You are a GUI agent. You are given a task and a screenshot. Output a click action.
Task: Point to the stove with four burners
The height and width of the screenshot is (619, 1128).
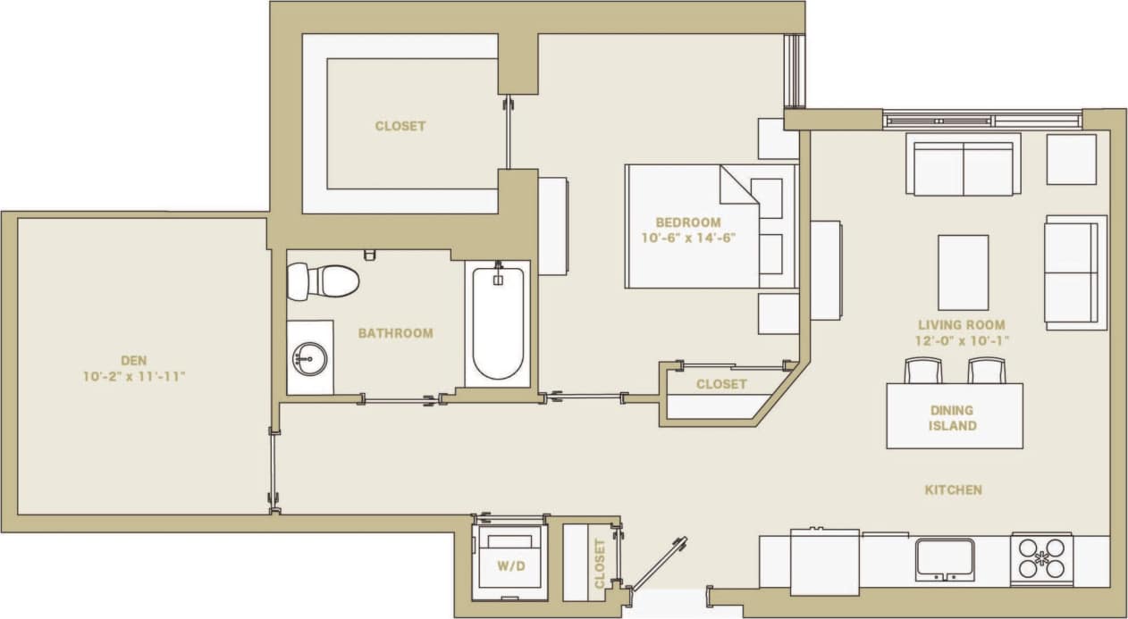pyautogui.click(x=1042, y=558)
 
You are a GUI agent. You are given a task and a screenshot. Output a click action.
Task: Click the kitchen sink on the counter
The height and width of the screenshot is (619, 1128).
pyautogui.click(x=945, y=558)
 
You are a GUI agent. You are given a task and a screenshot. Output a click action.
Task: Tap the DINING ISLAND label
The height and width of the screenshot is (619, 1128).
pyautogui.click(x=953, y=418)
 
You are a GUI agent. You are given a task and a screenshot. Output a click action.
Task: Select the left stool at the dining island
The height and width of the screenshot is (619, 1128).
pyautogui.click(x=923, y=370)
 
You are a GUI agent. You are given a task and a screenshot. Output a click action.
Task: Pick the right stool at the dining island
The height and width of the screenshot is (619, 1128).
pyautogui.click(x=986, y=370)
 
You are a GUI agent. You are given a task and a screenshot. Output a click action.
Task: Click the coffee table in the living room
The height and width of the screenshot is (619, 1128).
pyautogui.click(x=963, y=272)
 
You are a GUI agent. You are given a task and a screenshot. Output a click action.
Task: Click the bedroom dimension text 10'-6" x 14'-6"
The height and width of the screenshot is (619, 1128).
pyautogui.click(x=687, y=238)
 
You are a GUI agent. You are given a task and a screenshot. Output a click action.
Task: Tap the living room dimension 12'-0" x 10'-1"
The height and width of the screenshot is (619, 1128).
pyautogui.click(x=961, y=340)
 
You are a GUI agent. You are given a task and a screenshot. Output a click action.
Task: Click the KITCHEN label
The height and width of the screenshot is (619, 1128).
pyautogui.click(x=953, y=489)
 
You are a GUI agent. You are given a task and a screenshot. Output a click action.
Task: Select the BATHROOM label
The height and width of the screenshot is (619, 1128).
pyautogui.click(x=395, y=333)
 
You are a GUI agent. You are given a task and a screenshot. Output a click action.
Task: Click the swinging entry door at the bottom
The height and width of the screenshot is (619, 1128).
pyautogui.click(x=659, y=563)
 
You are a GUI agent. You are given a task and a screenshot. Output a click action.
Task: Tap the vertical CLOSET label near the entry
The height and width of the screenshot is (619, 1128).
pyautogui.click(x=599, y=563)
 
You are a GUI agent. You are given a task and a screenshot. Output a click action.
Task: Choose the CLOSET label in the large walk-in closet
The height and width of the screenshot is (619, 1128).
pyautogui.click(x=400, y=126)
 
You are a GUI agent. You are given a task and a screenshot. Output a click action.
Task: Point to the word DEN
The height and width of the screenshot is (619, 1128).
pyautogui.click(x=133, y=360)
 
